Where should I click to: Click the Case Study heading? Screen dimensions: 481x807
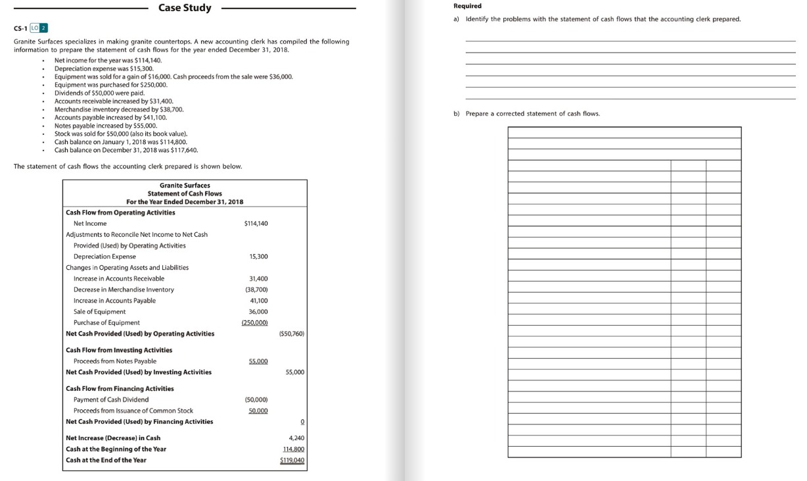[185, 8]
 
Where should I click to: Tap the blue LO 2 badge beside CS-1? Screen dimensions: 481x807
[41, 28]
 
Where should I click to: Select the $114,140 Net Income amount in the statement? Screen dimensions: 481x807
[256, 224]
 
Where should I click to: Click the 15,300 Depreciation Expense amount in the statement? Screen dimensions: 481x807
[258, 257]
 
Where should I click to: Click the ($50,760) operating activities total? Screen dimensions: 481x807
[291, 334]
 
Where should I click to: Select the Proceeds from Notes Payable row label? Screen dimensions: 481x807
[115, 361]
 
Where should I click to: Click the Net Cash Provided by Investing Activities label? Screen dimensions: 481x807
[139, 372]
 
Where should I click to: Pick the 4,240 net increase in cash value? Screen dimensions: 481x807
[296, 438]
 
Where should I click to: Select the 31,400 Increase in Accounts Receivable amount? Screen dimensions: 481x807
[258, 279]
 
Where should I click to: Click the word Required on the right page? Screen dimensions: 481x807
[467, 6]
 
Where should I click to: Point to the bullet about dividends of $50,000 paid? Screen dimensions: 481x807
[99, 93]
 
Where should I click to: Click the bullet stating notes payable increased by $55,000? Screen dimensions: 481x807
[106, 126]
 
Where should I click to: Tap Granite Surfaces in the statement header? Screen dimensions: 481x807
[185, 186]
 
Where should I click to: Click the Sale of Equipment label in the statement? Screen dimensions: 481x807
[100, 312]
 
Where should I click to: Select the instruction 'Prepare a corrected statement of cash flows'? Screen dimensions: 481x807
[532, 114]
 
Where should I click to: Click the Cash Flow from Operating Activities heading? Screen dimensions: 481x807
[121, 213]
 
